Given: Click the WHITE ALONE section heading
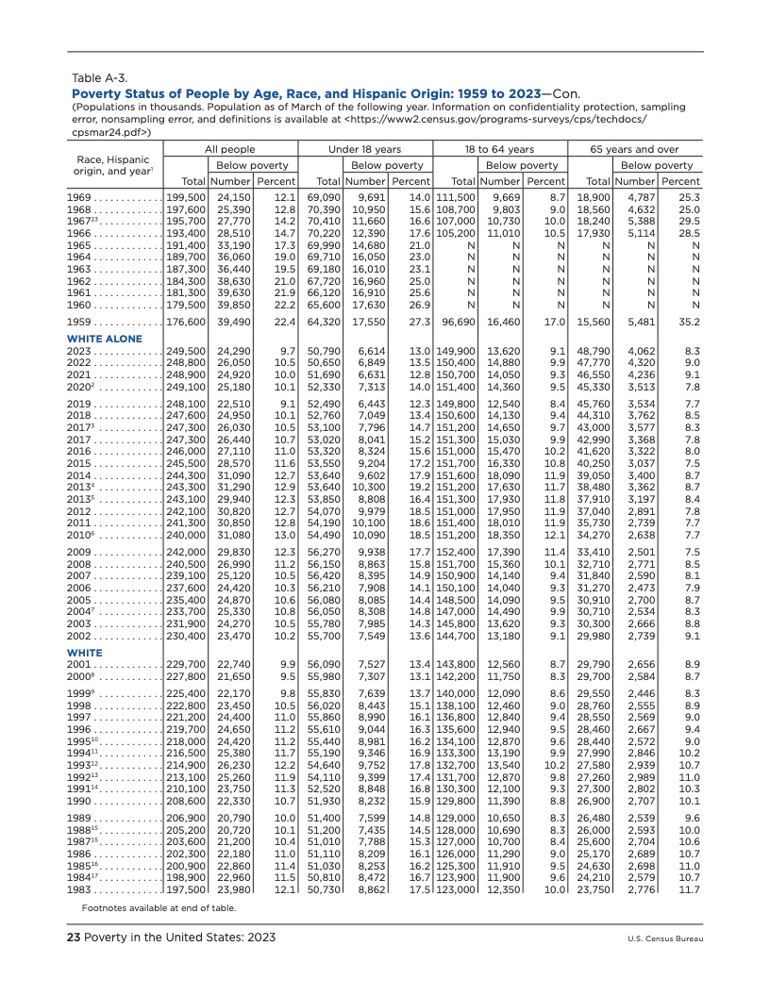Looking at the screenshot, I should pyautogui.click(x=105, y=339).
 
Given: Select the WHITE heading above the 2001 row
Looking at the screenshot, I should pyautogui.click(x=85, y=652).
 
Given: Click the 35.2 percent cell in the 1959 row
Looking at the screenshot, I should pyautogui.click(x=687, y=322).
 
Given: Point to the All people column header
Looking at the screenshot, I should pyautogui.click(x=230, y=149).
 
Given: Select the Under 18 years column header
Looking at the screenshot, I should pyautogui.click(x=364, y=149).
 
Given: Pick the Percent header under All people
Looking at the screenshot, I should pyautogui.click(x=277, y=180).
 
